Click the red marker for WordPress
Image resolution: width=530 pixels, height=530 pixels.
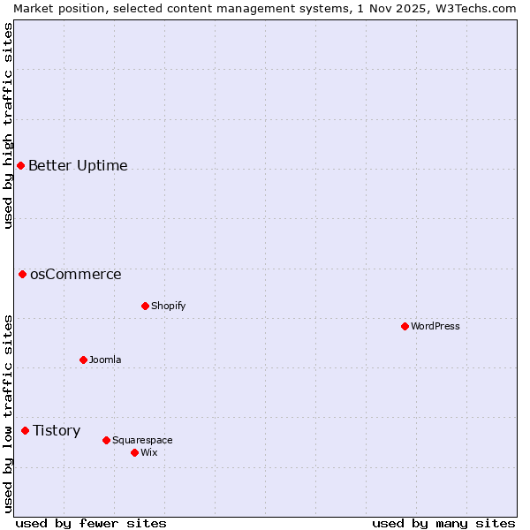(405, 326)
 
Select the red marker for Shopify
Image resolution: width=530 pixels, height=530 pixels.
(145, 306)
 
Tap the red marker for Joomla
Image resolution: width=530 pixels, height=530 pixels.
(83, 360)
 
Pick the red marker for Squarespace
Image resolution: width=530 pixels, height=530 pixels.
(106, 440)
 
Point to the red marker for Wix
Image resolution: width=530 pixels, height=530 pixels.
(134, 452)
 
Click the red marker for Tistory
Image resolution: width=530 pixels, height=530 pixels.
(25, 430)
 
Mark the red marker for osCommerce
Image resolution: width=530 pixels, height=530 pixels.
(22, 274)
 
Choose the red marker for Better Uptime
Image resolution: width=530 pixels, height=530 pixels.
(20, 165)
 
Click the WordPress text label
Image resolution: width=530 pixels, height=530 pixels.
(435, 326)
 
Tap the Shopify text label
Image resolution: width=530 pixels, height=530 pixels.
(168, 306)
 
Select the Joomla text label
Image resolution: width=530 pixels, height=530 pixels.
(105, 360)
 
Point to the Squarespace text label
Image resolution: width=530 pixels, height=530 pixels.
(142, 440)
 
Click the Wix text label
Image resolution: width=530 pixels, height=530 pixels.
(148, 452)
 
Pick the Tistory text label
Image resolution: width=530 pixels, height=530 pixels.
(57, 430)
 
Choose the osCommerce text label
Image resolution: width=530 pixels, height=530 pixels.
(75, 274)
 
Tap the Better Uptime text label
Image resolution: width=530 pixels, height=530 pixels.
(78, 165)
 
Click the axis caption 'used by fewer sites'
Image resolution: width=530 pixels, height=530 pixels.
(91, 523)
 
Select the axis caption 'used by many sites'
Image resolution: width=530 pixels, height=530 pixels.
(443, 523)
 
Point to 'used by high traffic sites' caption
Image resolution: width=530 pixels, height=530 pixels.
(8, 125)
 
